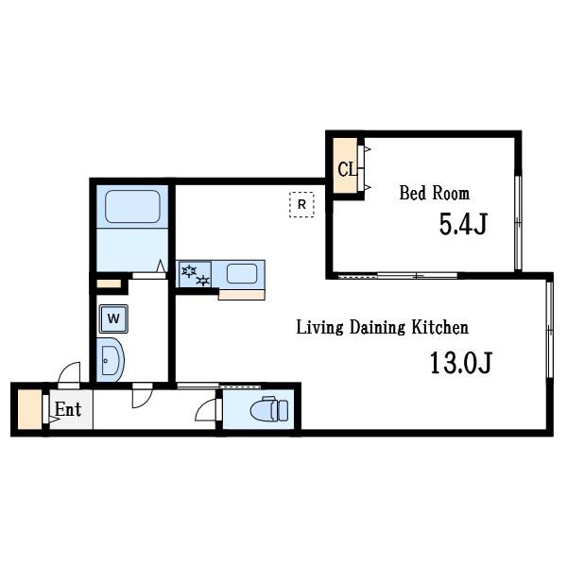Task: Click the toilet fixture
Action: click(x=269, y=409)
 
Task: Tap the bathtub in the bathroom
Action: click(x=132, y=206)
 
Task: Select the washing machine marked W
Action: click(x=113, y=318)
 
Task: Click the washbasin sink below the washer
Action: click(x=111, y=360)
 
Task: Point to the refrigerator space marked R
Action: click(x=301, y=205)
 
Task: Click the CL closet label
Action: click(x=347, y=169)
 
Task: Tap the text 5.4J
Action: click(x=463, y=224)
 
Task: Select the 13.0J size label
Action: click(x=461, y=363)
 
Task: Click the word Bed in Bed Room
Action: click(x=413, y=193)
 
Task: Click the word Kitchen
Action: click(x=440, y=327)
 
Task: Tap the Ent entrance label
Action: click(x=68, y=410)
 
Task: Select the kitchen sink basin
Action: click(x=242, y=274)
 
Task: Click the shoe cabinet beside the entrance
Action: click(x=29, y=410)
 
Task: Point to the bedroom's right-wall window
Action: click(x=518, y=223)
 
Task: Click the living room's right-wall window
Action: click(x=550, y=330)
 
